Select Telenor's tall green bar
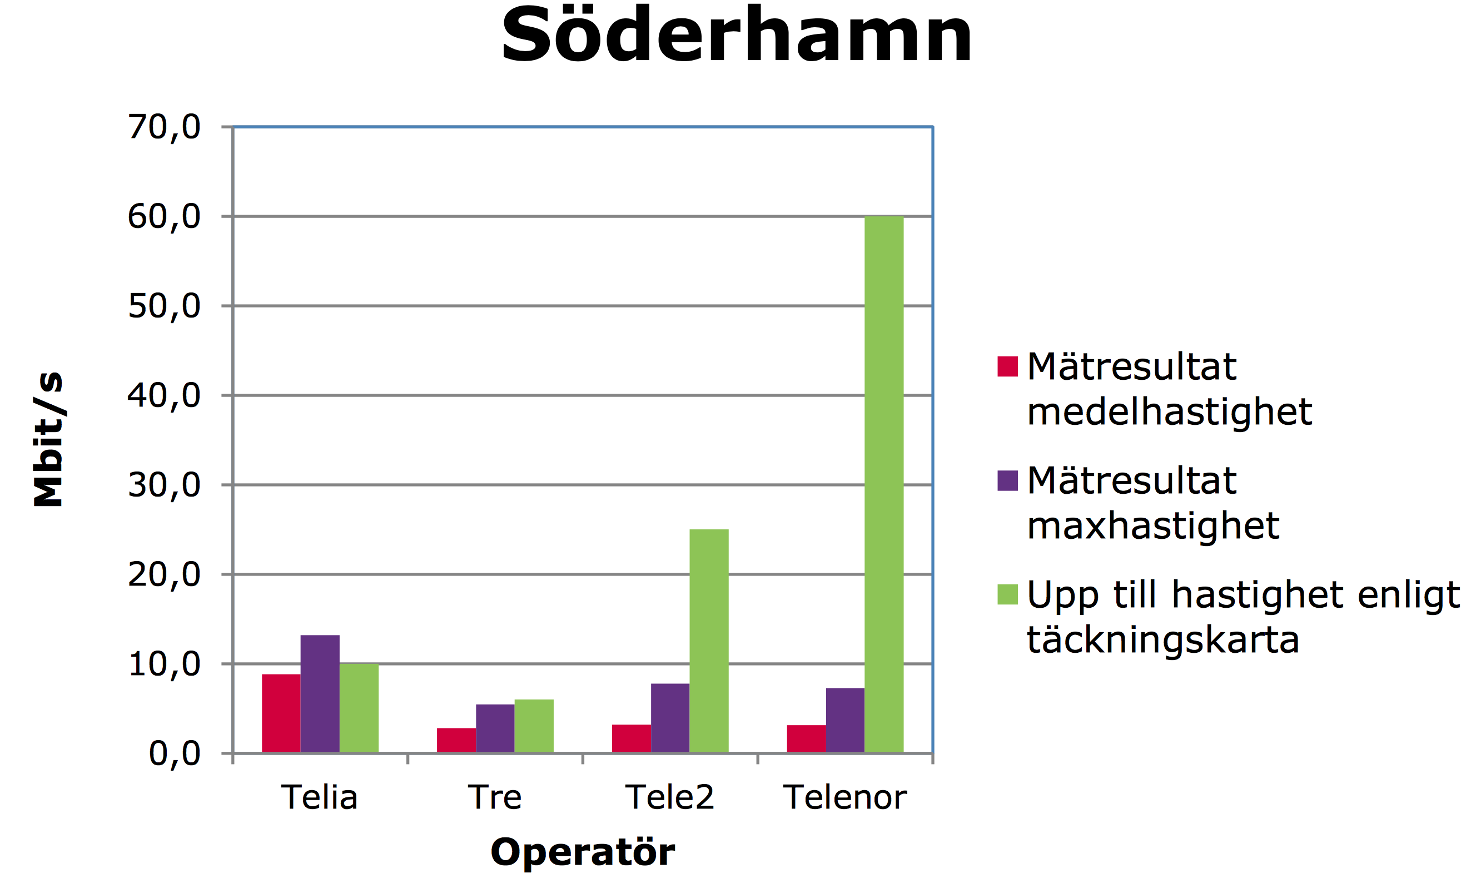[x=883, y=484]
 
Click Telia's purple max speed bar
[x=320, y=694]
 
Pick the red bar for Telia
[x=281, y=713]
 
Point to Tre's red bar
[x=456, y=740]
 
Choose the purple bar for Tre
[x=495, y=728]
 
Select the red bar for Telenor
[x=806, y=739]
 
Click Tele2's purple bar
[x=670, y=718]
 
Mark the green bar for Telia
[x=359, y=708]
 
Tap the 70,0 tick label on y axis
[x=164, y=127]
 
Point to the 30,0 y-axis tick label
[x=164, y=485]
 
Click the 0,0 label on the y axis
[x=174, y=753]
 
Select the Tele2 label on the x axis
[x=669, y=797]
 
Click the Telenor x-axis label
[x=844, y=797]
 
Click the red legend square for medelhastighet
[x=1007, y=366]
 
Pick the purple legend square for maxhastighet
[x=1007, y=481]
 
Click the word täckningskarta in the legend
[x=1162, y=640]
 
